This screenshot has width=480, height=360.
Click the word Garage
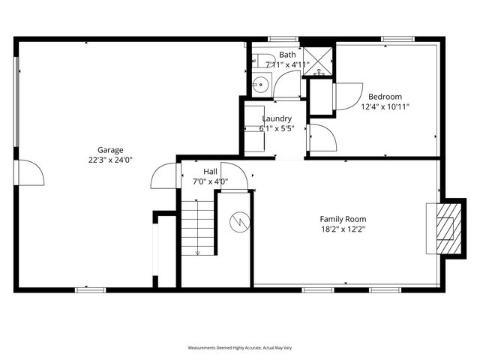tap(110, 149)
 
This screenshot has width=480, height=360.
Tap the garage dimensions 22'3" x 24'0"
tap(110, 160)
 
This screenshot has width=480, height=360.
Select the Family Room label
tap(345, 219)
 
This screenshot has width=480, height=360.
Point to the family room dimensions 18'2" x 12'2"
tap(345, 229)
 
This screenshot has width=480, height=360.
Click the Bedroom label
tap(385, 97)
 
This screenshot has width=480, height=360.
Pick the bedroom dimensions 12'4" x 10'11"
tap(385, 107)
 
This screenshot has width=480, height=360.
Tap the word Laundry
tap(276, 118)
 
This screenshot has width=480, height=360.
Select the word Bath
tap(288, 55)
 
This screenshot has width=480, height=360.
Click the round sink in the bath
tap(259, 84)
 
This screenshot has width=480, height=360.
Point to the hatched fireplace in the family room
tap(445, 227)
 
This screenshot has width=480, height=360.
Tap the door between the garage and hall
tap(163, 177)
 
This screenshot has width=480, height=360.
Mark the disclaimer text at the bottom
tap(239, 348)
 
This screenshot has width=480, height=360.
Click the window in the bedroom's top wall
tap(397, 39)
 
